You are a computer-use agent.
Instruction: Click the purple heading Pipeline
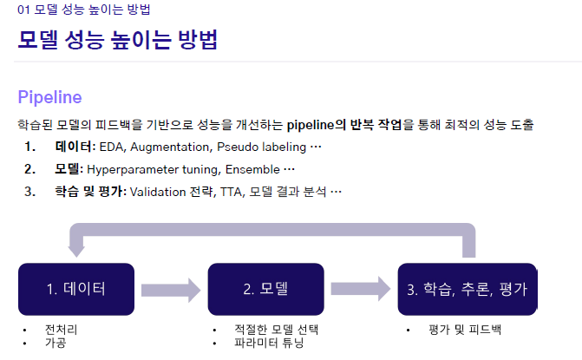tap(49, 96)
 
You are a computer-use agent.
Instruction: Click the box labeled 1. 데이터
tap(76, 289)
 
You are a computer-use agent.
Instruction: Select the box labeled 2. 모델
tap(265, 289)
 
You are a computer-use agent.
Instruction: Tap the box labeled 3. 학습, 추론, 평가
tap(467, 289)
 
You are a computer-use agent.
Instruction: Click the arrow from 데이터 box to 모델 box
tap(170, 289)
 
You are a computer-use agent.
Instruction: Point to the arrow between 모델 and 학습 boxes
tap(360, 289)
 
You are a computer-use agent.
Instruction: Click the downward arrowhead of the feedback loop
tap(76, 247)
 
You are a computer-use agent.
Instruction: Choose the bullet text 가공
tap(55, 343)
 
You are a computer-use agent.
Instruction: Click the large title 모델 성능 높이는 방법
tap(117, 41)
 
